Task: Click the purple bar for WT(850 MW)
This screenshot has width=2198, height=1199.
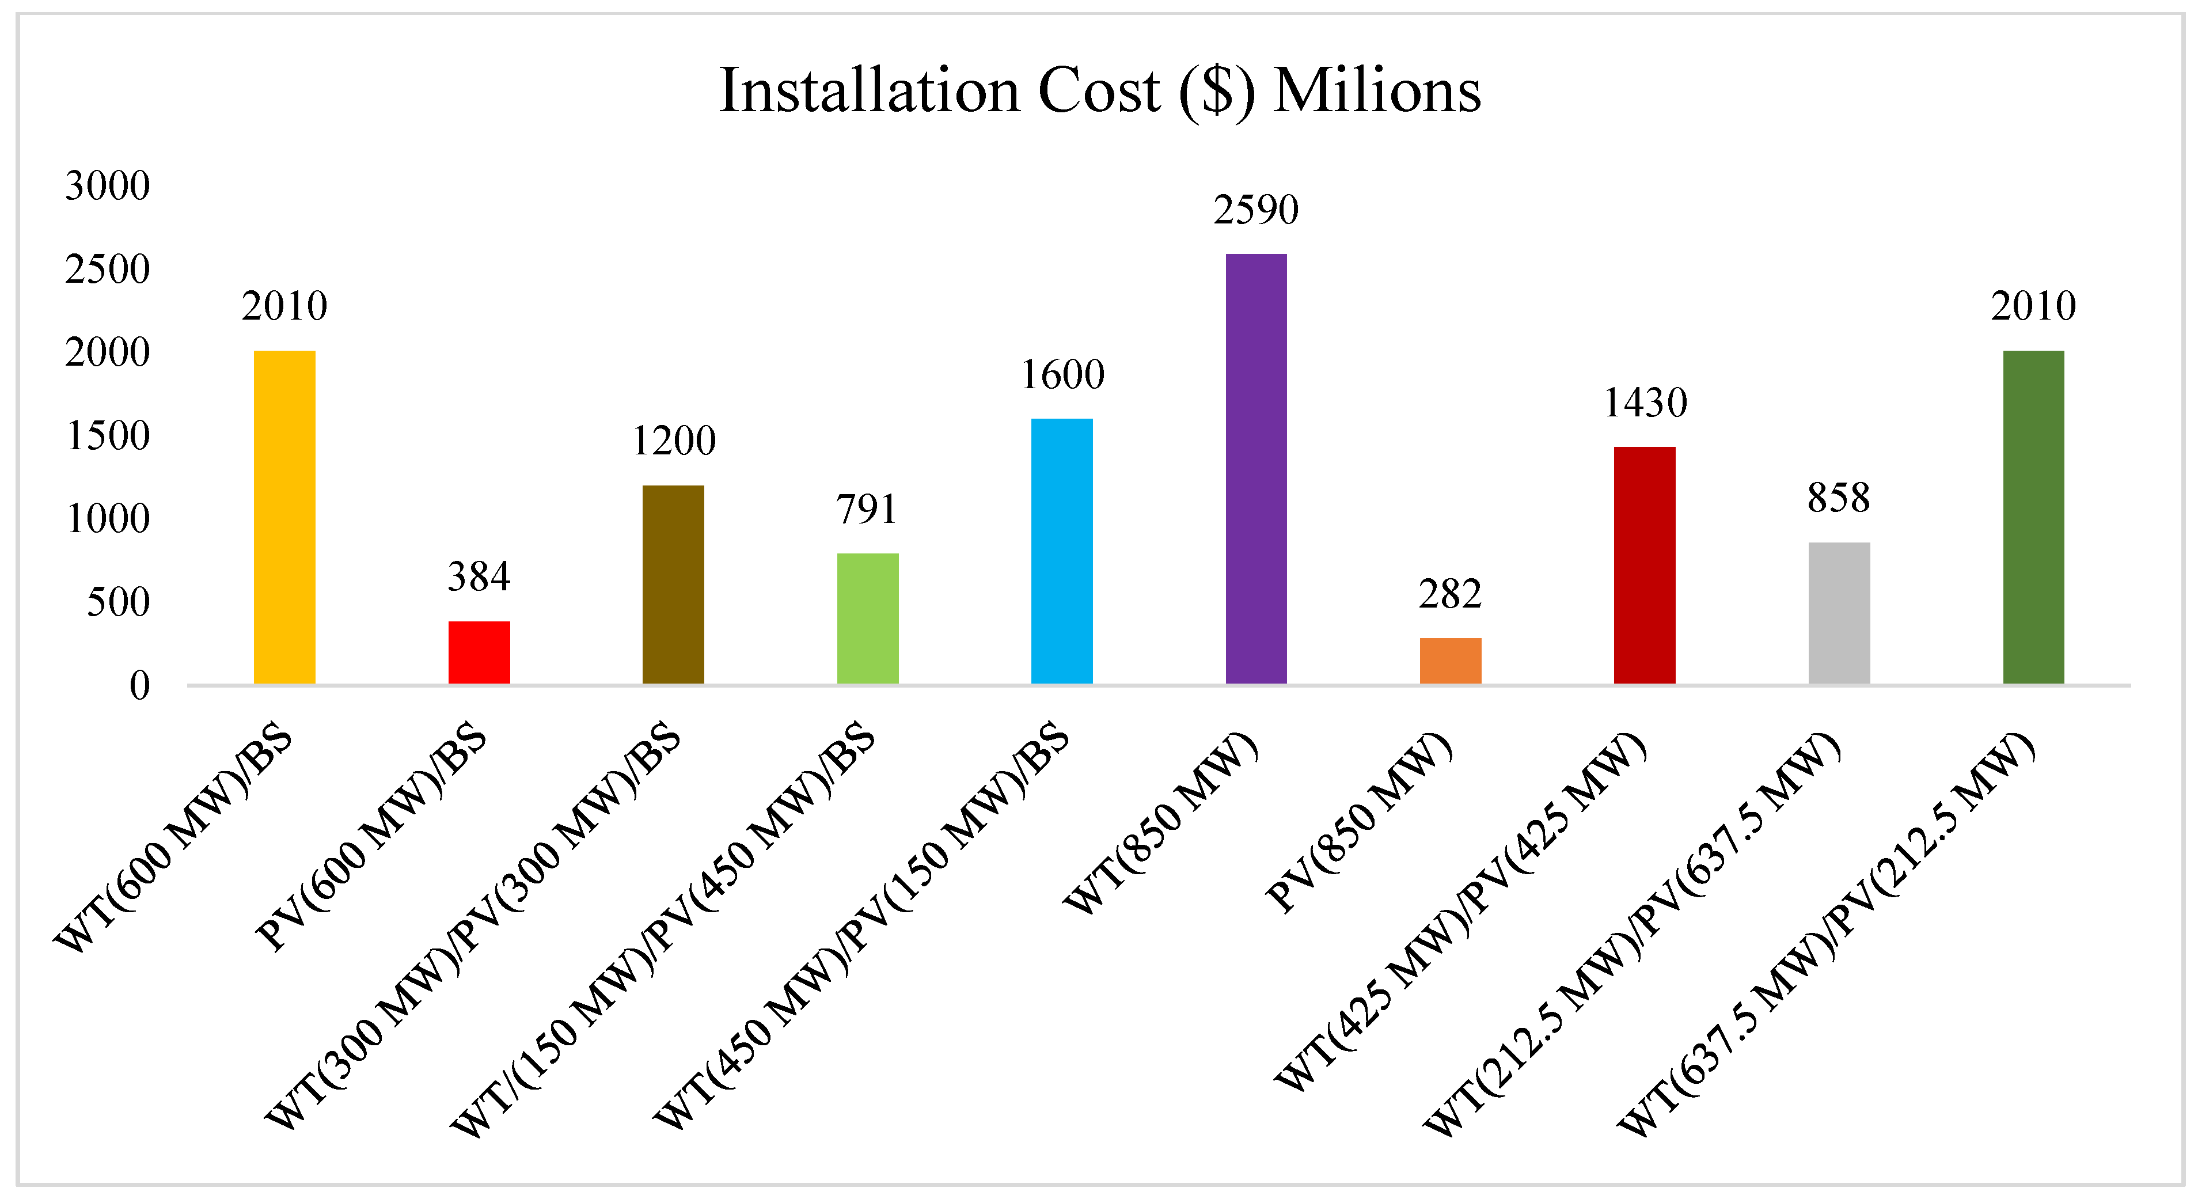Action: [1256, 469]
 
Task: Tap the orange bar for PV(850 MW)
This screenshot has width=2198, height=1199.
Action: [1451, 661]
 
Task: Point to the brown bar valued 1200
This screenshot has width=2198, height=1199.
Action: [673, 585]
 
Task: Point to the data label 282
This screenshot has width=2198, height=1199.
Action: [1450, 594]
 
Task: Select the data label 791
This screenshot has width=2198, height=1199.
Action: [867, 510]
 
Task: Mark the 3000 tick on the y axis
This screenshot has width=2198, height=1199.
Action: [108, 186]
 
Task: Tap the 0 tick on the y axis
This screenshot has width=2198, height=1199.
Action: [140, 686]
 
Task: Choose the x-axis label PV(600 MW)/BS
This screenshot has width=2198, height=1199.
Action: [371, 836]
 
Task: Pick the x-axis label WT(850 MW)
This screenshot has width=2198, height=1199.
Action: [1160, 823]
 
